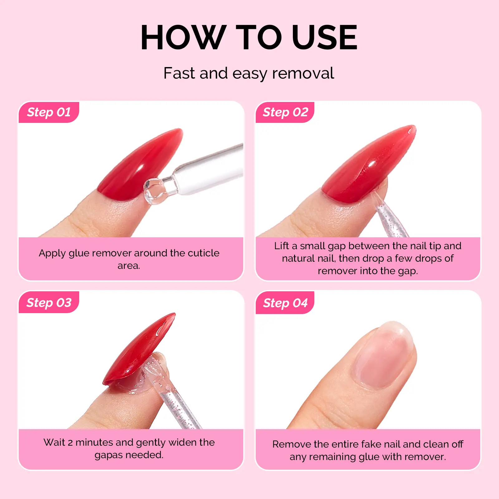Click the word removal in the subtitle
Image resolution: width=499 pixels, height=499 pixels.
click(303, 73)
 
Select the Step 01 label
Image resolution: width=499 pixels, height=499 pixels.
click(49, 112)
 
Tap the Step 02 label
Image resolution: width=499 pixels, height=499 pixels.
click(285, 112)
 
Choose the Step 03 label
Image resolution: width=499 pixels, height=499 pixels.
click(49, 303)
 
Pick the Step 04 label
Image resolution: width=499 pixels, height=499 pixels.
click(285, 303)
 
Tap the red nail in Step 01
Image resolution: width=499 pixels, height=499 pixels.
click(140, 165)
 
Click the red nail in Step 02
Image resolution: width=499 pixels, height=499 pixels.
click(368, 165)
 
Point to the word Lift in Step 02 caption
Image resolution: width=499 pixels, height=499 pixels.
click(282, 246)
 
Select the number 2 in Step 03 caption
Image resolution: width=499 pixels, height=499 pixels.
click(70, 443)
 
